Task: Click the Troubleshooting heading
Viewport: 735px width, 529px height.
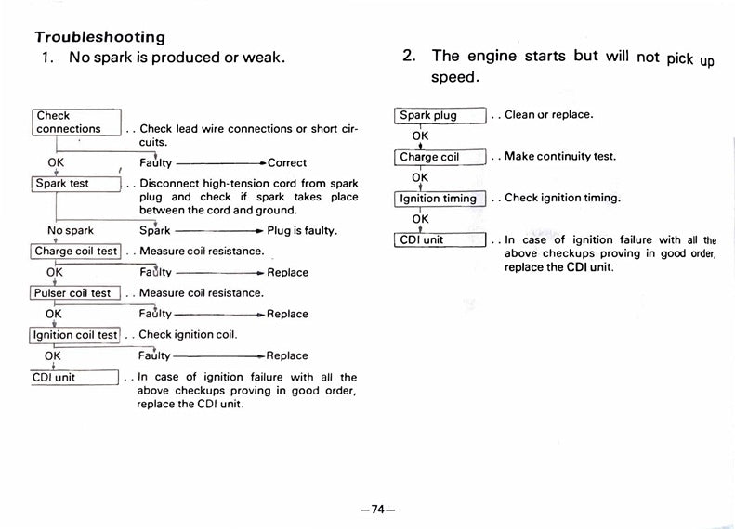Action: pyautogui.click(x=99, y=38)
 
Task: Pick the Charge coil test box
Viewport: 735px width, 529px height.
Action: pyautogui.click(x=76, y=251)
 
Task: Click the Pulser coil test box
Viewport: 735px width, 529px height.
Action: pyautogui.click(x=73, y=292)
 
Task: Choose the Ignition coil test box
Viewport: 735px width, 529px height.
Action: pyautogui.click(x=76, y=335)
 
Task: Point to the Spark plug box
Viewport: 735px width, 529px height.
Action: pyautogui.click(x=440, y=116)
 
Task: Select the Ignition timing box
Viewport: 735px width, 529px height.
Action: pyautogui.click(x=440, y=198)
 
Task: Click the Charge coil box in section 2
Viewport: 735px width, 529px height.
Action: pyautogui.click(x=440, y=157)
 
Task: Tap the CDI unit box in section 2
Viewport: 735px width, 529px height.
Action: pyautogui.click(x=440, y=239)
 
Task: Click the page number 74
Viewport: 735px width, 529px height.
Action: pyautogui.click(x=377, y=510)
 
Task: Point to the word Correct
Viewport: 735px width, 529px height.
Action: pyautogui.click(x=287, y=163)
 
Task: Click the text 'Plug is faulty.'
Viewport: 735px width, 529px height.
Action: pyautogui.click(x=302, y=230)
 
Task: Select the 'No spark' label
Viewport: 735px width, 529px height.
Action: pyautogui.click(x=70, y=230)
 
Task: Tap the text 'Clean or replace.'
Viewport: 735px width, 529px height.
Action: pyautogui.click(x=549, y=115)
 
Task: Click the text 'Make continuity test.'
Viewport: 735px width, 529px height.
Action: pyautogui.click(x=560, y=157)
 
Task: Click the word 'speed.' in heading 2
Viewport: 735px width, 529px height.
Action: pyautogui.click(x=454, y=77)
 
